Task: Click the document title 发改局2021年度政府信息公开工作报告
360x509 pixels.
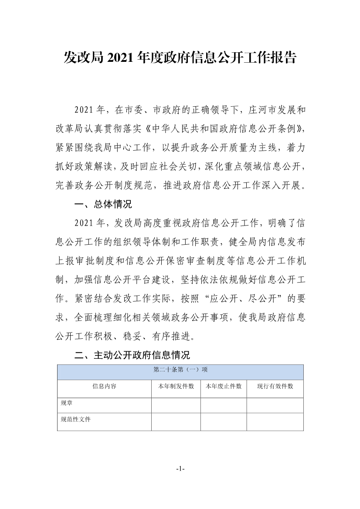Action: tap(180, 57)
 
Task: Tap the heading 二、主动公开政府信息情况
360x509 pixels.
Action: tap(132, 355)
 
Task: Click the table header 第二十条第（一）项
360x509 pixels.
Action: tap(180, 370)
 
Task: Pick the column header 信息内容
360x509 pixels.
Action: tap(104, 387)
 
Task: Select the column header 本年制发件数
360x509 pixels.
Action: tap(176, 387)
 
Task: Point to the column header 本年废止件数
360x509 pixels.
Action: tap(224, 387)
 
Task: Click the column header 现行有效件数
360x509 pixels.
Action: tap(275, 387)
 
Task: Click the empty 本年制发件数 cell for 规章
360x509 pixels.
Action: tap(176, 405)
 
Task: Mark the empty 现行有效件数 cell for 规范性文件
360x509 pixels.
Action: tap(275, 422)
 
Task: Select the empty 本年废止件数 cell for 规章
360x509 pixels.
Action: tap(224, 405)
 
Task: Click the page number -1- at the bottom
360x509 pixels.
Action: tap(180, 469)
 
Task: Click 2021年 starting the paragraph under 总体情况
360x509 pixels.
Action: tap(89, 223)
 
